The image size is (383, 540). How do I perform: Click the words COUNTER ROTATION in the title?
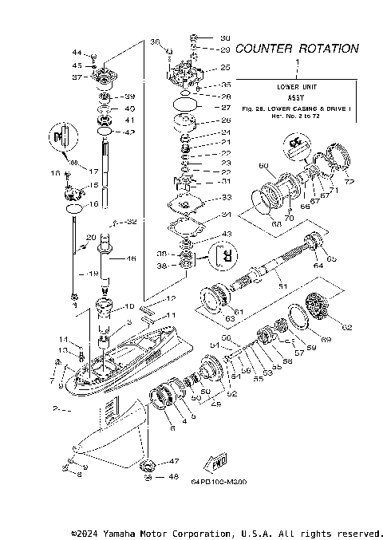pos(296,49)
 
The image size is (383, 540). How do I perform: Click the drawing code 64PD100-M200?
pos(218,481)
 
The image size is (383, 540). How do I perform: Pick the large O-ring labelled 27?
pos(181,104)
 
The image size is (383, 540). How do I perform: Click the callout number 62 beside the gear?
pos(346,326)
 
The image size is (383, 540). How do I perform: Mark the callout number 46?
pos(131,258)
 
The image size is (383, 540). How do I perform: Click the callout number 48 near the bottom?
pos(174,477)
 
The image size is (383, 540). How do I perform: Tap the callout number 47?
pos(174,461)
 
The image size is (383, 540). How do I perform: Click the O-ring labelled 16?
pos(72,207)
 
